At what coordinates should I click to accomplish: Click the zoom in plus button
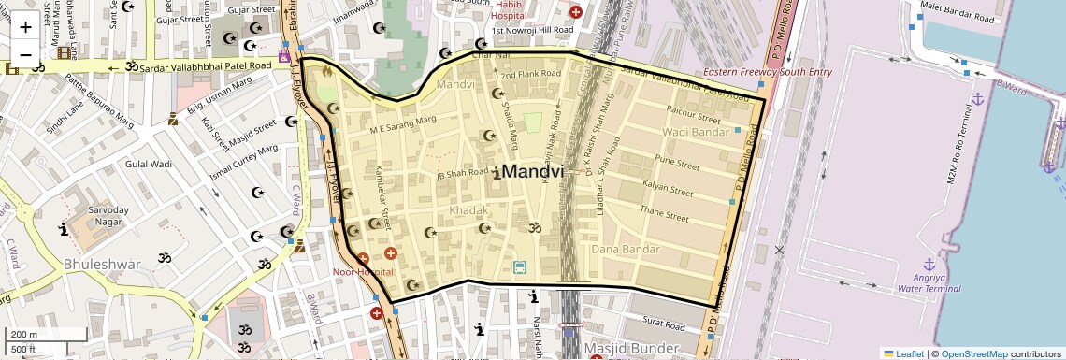[25, 26]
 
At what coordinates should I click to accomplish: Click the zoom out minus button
[25, 54]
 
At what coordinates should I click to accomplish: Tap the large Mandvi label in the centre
[534, 172]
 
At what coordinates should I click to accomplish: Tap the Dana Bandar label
[626, 250]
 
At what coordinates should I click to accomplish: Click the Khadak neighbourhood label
[468, 211]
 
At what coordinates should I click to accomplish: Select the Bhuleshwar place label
[102, 265]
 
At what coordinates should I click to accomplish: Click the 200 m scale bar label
[24, 335]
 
